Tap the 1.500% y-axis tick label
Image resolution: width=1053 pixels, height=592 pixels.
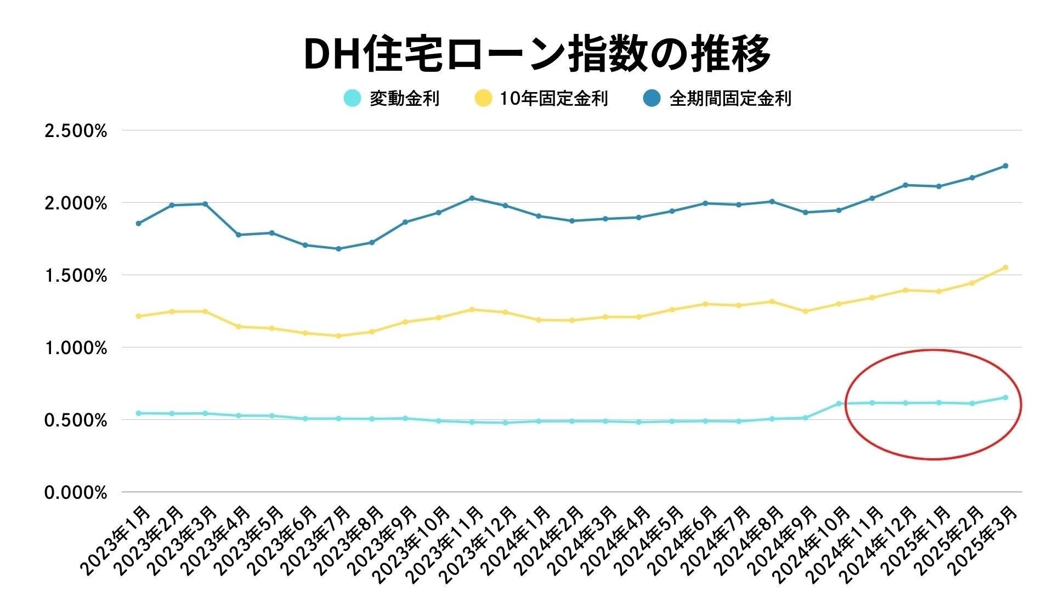click(76, 276)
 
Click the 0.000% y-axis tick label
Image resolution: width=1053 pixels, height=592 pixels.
click(76, 493)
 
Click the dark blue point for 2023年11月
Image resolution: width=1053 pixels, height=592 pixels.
click(472, 198)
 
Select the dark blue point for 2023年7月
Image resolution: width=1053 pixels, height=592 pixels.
click(338, 249)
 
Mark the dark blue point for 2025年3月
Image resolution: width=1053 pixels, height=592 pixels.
click(1005, 166)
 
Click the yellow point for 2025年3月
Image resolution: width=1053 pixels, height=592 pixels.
click(1005, 267)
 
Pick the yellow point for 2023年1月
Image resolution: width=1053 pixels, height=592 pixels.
click(138, 316)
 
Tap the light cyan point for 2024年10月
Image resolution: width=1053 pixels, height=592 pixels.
click(839, 403)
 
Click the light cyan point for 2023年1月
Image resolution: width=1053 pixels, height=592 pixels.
click(138, 413)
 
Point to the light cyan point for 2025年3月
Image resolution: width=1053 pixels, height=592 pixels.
click(1005, 397)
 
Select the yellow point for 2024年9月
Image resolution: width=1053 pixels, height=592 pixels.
click(805, 311)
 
